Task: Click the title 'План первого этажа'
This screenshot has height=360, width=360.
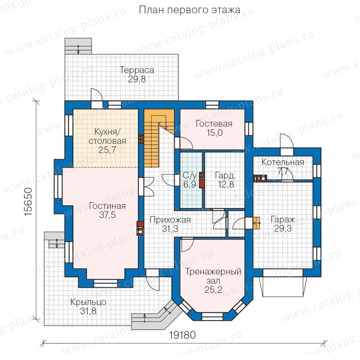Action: click(x=190, y=10)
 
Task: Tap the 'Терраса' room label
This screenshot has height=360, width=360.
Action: click(x=137, y=70)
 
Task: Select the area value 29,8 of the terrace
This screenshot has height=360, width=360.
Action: click(x=137, y=79)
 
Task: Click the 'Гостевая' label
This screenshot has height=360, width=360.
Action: click(x=214, y=124)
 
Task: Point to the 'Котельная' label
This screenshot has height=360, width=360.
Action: click(x=283, y=162)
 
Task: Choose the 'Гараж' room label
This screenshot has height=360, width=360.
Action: click(x=283, y=220)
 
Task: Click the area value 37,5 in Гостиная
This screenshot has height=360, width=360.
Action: click(x=108, y=215)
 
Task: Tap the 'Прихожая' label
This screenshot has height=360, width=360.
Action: click(x=170, y=220)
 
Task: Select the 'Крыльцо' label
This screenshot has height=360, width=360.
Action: click(x=88, y=302)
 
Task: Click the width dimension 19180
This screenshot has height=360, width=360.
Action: click(x=182, y=335)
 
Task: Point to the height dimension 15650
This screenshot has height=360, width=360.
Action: click(x=28, y=202)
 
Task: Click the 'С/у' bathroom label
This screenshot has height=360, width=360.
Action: click(x=190, y=176)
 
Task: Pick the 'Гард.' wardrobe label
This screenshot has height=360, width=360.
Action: click(x=226, y=176)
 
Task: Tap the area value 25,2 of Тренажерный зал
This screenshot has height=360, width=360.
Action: click(x=213, y=290)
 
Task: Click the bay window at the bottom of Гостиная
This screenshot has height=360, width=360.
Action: click(x=106, y=283)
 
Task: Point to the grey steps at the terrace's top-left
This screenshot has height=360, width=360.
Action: click(x=78, y=46)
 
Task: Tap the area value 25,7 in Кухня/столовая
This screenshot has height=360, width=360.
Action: click(x=107, y=150)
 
